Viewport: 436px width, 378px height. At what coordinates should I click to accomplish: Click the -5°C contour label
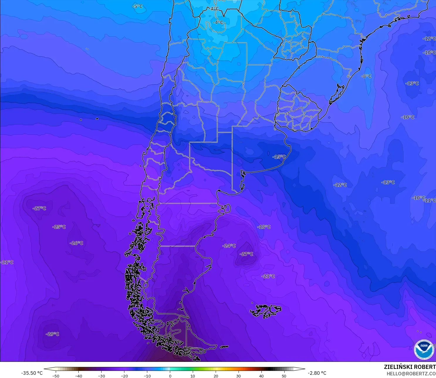tap(138, 6)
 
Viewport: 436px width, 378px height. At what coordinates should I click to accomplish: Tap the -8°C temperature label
tap(366, 76)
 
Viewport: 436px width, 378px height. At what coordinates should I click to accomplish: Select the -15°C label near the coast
tap(279, 157)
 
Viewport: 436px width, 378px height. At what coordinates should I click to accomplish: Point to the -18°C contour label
tap(264, 227)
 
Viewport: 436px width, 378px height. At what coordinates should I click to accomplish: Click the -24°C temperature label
tap(229, 246)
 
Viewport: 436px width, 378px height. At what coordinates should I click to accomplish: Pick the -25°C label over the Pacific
tap(59, 227)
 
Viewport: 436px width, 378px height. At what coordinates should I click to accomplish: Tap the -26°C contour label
tap(76, 243)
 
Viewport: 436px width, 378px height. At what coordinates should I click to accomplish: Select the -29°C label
tap(53, 334)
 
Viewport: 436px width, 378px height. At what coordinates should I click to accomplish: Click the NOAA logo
tap(424, 349)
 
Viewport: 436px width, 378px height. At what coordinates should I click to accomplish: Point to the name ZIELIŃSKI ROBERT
tap(410, 367)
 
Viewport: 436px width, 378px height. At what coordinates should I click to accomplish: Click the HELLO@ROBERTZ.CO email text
tap(411, 374)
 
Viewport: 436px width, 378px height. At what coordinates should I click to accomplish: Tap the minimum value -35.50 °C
tap(32, 373)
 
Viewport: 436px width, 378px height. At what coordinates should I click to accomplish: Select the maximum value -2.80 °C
tap(317, 373)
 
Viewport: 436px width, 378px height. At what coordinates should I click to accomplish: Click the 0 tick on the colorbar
tap(170, 376)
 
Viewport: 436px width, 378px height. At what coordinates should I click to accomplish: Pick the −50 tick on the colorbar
tap(55, 376)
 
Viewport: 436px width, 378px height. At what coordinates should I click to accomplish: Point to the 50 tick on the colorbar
tap(284, 376)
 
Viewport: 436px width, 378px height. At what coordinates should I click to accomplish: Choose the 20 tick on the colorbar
tap(216, 376)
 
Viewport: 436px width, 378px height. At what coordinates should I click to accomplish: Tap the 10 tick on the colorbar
tap(193, 376)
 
